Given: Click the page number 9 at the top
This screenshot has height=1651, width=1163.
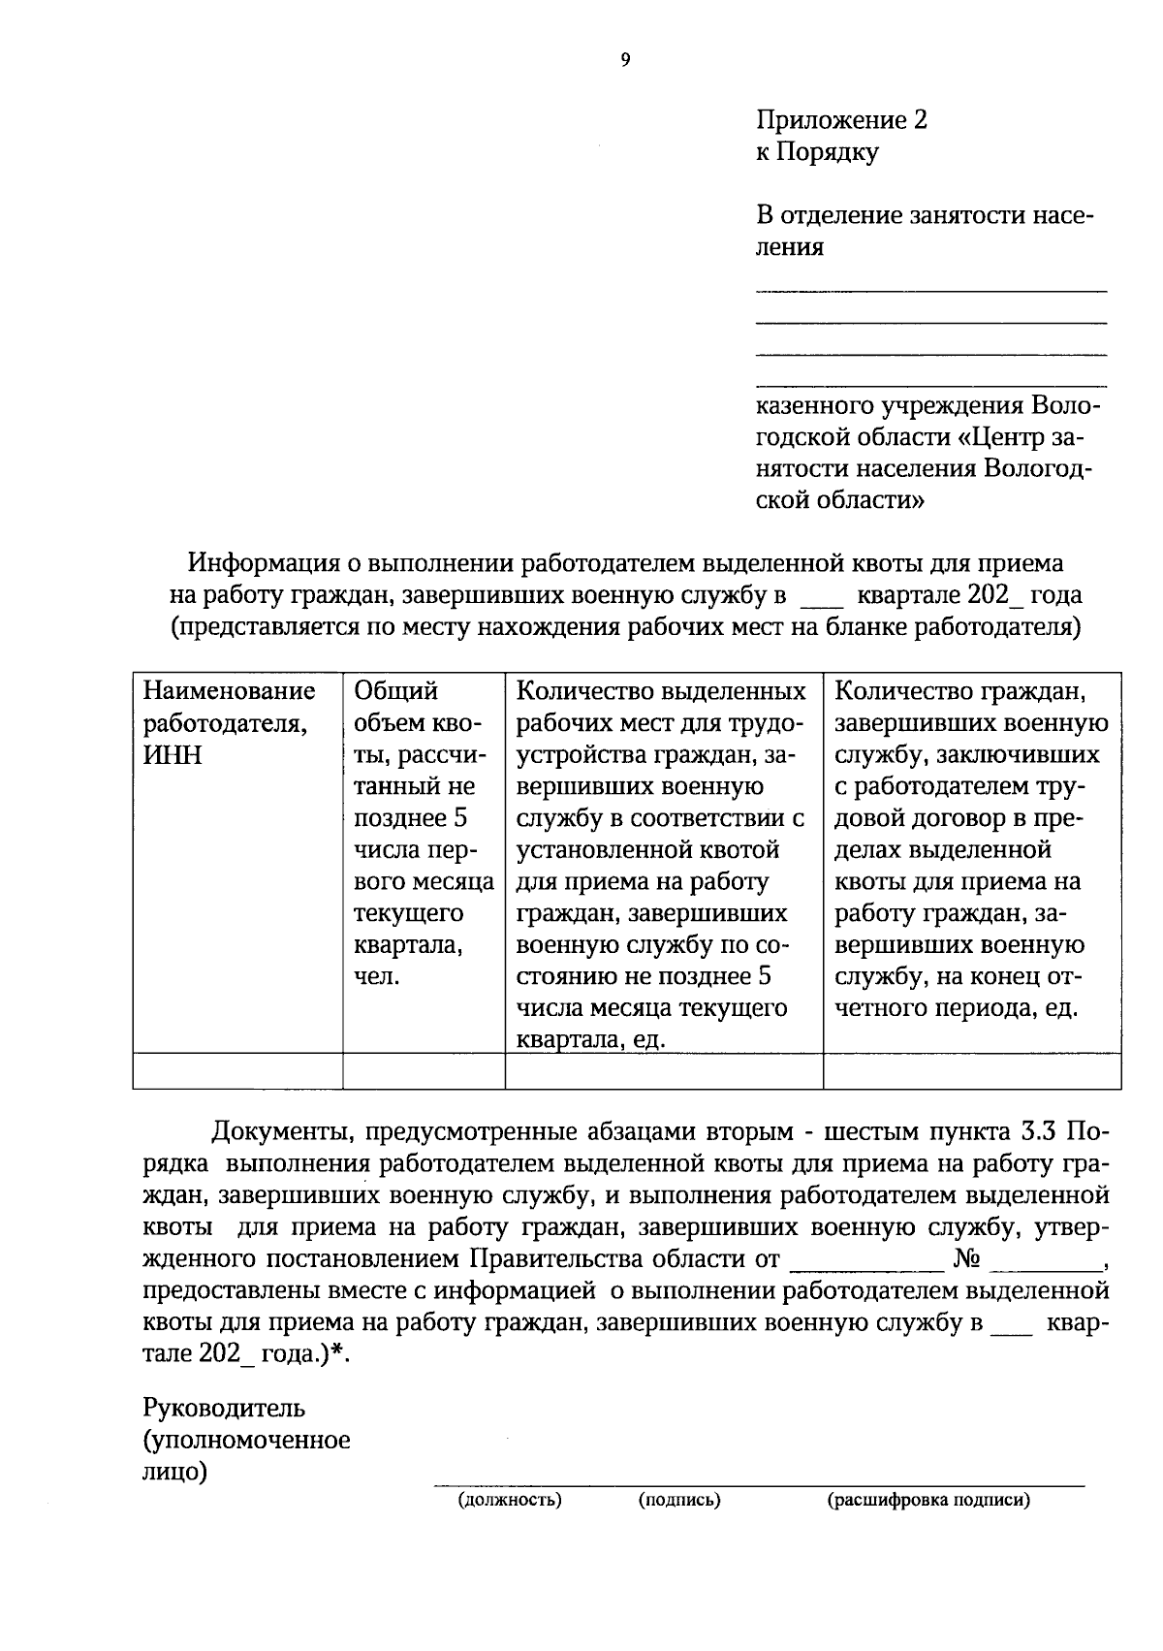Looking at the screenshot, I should pyautogui.click(x=625, y=60).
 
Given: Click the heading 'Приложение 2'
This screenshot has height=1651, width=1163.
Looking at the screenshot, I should pyautogui.click(x=841, y=120).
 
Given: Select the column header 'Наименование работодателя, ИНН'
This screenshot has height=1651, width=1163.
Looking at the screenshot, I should pyautogui.click(x=229, y=722).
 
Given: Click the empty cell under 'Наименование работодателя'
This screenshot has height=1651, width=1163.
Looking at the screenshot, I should pyautogui.click(x=237, y=1071).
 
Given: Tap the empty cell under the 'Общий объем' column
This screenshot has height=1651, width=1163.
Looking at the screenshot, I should pyautogui.click(x=424, y=1071).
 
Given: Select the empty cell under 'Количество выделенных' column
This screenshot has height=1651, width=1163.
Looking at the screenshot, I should pyautogui.click(x=663, y=1071).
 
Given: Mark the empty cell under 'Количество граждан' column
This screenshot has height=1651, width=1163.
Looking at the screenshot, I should pyautogui.click(x=971, y=1071).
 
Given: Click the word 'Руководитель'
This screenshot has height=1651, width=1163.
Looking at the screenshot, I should pyautogui.click(x=224, y=1408).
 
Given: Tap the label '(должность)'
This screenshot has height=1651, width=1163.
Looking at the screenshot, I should pyautogui.click(x=510, y=1501).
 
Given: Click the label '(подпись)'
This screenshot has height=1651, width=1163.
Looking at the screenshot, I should pyautogui.click(x=678, y=1501).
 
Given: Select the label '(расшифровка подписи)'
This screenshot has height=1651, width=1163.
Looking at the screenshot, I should pyautogui.click(x=927, y=1501).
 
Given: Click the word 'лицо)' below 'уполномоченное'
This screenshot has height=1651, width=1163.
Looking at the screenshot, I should pyautogui.click(x=175, y=1472).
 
